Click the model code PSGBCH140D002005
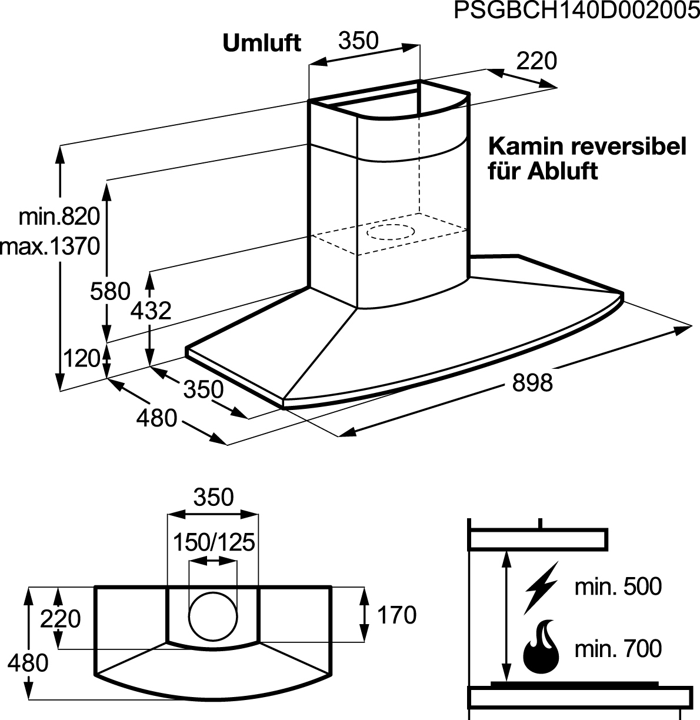click(x=576, y=11)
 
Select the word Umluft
click(x=262, y=44)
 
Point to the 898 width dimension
click(x=532, y=382)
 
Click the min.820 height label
click(x=59, y=216)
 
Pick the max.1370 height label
click(x=50, y=246)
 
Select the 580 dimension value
click(x=110, y=291)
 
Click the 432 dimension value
click(x=151, y=311)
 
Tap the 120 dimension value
click(x=82, y=358)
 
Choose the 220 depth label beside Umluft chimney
click(x=536, y=61)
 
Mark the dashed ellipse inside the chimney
click(x=391, y=232)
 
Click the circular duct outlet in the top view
click(x=213, y=618)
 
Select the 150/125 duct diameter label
click(x=214, y=543)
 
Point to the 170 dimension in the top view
click(x=396, y=615)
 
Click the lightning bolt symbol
click(x=541, y=588)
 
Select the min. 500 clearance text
click(x=618, y=587)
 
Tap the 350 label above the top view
click(x=214, y=497)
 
